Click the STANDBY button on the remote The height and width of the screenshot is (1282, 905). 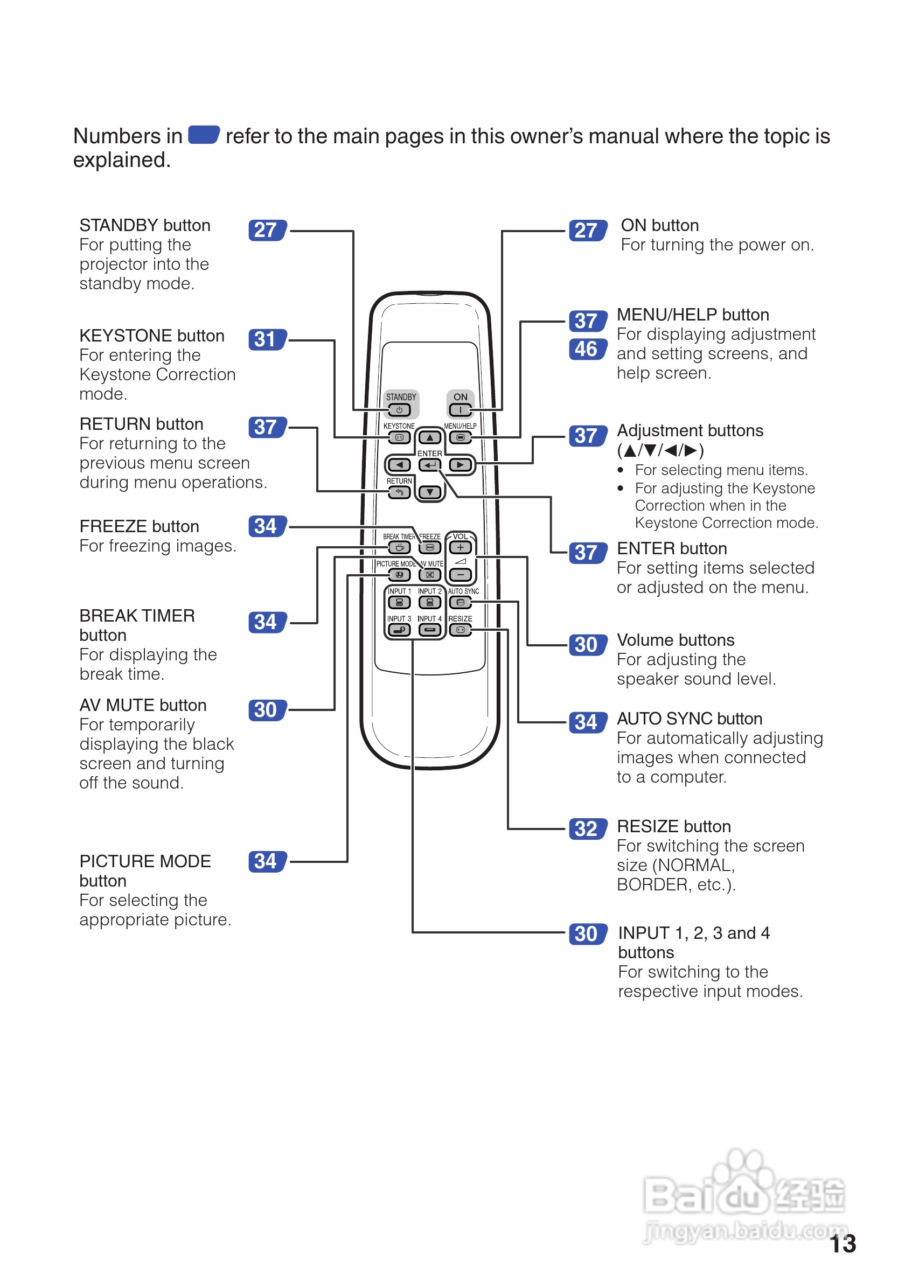(399, 410)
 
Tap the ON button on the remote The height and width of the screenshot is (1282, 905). (460, 410)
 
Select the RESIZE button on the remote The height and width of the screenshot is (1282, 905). (460, 630)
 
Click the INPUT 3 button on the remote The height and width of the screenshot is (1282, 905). (399, 630)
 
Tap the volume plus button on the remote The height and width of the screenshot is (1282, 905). (460, 548)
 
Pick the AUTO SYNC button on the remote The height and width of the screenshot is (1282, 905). (460, 602)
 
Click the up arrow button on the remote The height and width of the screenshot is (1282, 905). (429, 438)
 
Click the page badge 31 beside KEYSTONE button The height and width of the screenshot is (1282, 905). (267, 339)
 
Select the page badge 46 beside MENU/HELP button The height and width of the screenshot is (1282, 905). (587, 350)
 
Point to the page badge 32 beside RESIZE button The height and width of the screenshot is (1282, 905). (587, 829)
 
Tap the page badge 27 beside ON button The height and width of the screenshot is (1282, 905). (587, 230)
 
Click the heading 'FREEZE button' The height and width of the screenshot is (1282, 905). (139, 527)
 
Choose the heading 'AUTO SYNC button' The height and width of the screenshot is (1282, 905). (689, 719)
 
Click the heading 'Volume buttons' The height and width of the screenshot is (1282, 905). (675, 640)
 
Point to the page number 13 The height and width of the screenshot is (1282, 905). (842, 1244)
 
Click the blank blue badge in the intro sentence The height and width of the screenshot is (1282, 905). (204, 135)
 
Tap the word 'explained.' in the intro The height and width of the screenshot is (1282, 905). (122, 161)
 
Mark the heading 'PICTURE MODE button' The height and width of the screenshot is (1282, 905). (144, 870)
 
